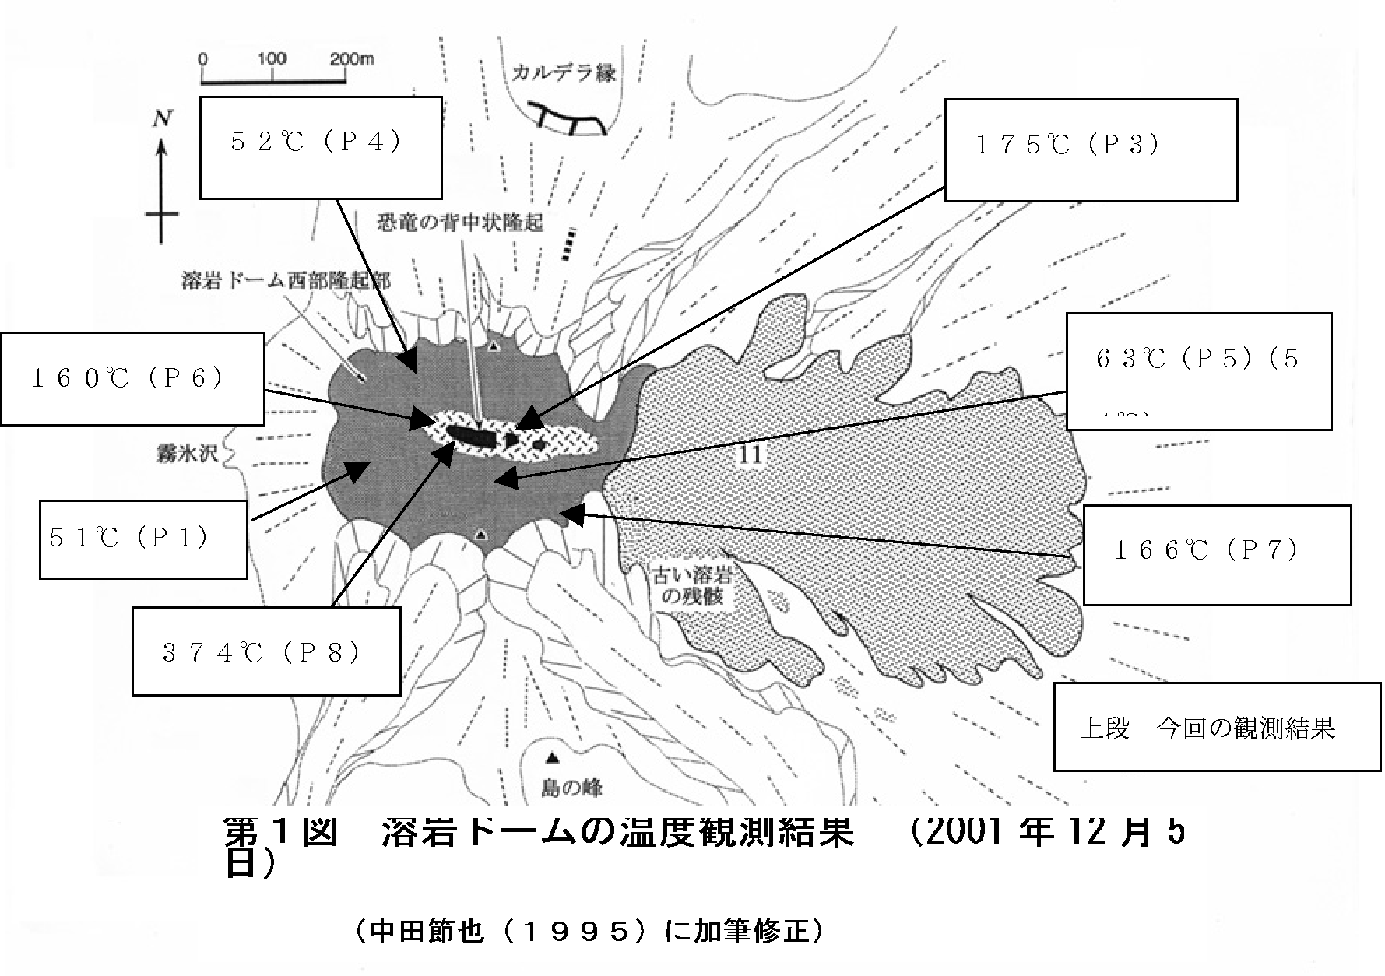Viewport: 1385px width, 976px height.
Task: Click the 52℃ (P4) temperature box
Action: coord(321,147)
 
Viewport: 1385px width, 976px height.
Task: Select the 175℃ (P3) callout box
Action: coord(1091,149)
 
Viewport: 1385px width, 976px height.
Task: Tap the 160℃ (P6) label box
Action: coord(132,379)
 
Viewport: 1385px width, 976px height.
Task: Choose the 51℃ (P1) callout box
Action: coord(143,539)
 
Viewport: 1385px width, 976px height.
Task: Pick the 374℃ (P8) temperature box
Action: coord(266,651)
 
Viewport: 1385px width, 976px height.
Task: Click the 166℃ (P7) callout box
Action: coord(1217,553)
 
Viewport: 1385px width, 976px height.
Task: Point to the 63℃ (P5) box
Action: coord(1198,371)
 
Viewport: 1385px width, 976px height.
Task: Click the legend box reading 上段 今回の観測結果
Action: coord(1217,727)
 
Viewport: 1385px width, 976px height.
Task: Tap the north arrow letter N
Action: coord(162,118)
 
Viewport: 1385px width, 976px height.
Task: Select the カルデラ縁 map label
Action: coord(564,73)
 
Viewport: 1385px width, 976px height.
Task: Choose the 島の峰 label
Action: coord(572,788)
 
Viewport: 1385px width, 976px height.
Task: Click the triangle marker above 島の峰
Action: coord(552,757)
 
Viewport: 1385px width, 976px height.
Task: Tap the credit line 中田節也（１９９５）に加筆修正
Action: coord(588,931)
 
